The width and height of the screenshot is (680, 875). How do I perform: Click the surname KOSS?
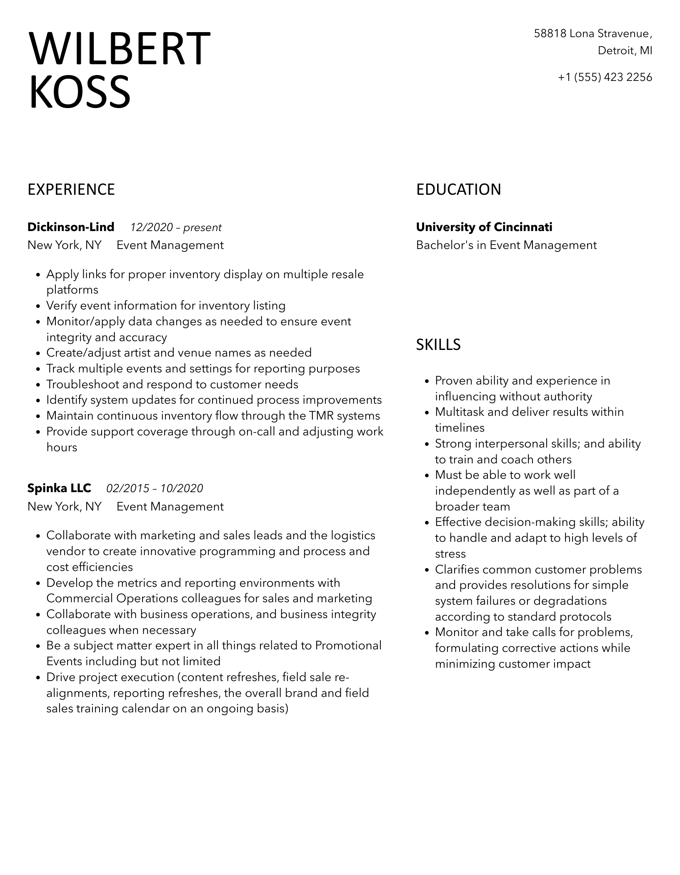pyautogui.click(x=80, y=92)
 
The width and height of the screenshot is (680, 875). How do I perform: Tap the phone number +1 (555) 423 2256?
pyautogui.click(x=605, y=77)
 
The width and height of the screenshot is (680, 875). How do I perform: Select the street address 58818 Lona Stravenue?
pyautogui.click(x=593, y=33)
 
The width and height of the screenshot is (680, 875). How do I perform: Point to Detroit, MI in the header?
pyautogui.click(x=625, y=50)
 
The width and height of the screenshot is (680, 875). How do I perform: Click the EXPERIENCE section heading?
pyautogui.click(x=71, y=189)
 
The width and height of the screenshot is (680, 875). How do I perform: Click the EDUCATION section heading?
pyautogui.click(x=458, y=189)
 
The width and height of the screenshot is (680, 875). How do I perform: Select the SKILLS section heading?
pyautogui.click(x=438, y=344)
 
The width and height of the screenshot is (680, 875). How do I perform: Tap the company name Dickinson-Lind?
pyautogui.click(x=71, y=227)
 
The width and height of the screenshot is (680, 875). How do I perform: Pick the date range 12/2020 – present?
pyautogui.click(x=176, y=227)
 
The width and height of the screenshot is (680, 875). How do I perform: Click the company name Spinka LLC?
pyautogui.click(x=59, y=488)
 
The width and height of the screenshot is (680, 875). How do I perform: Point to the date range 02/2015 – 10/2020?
pyautogui.click(x=155, y=488)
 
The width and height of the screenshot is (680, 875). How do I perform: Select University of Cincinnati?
pyautogui.click(x=484, y=227)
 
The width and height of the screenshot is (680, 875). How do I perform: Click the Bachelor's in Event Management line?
pyautogui.click(x=506, y=245)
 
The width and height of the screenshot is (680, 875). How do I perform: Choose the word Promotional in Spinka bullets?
pyautogui.click(x=348, y=646)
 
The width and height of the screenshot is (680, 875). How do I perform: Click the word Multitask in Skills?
pyautogui.click(x=459, y=412)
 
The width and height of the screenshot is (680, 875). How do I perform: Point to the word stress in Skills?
pyautogui.click(x=450, y=554)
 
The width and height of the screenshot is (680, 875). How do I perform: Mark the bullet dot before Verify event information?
pyautogui.click(x=38, y=306)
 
